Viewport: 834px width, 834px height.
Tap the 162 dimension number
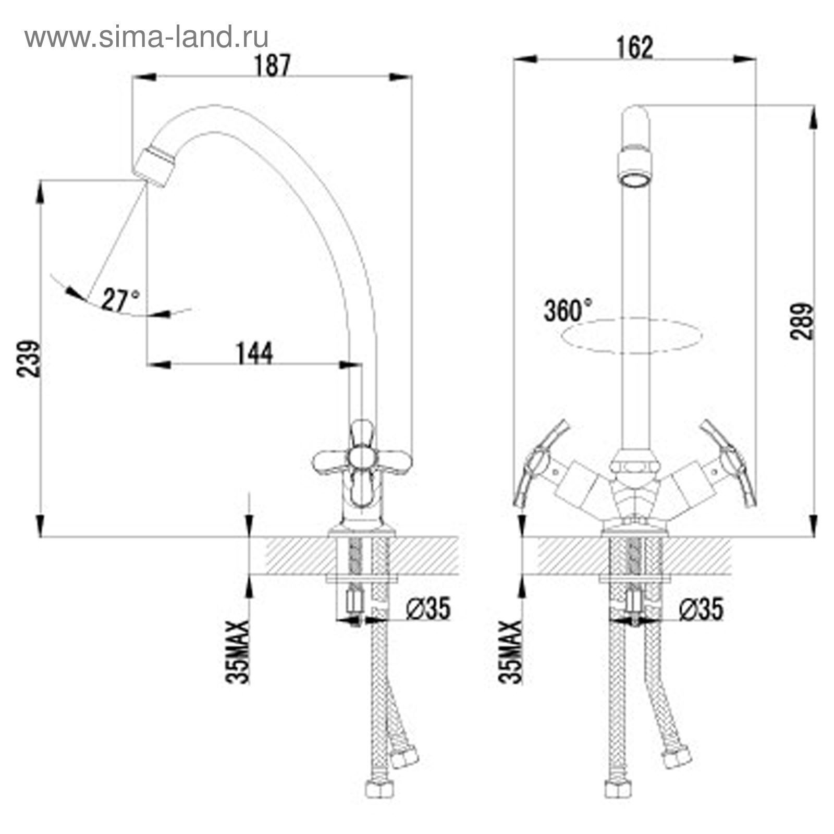point(634,48)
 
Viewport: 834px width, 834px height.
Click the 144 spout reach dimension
point(254,354)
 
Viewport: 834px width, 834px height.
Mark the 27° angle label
point(120,300)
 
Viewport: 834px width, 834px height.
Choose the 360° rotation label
point(568,311)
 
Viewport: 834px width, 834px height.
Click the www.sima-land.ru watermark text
point(146,37)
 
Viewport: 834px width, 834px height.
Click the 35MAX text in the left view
point(238,652)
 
